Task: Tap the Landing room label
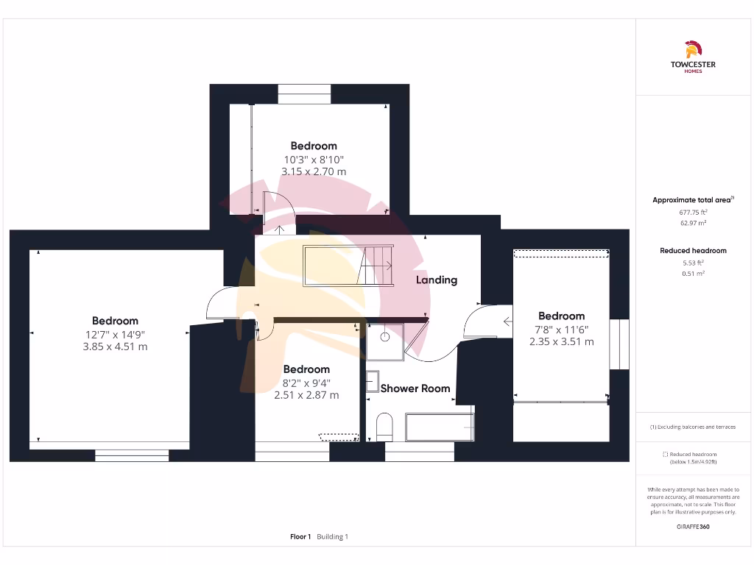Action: [x=436, y=280]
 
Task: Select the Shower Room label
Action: [x=415, y=388]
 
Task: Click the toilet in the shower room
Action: [x=384, y=427]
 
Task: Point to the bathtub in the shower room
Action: [x=439, y=427]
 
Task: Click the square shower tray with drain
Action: [x=385, y=341]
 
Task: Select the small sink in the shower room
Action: [x=373, y=380]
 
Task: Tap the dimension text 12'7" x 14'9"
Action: [x=115, y=333]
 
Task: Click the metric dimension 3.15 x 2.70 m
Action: [x=314, y=171]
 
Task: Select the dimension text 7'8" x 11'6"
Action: [x=561, y=329]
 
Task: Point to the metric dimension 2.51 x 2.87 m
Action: [x=306, y=395]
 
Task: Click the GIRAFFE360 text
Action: [x=693, y=527]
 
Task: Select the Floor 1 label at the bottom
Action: [x=300, y=537]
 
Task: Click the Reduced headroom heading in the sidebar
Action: [x=692, y=251]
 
